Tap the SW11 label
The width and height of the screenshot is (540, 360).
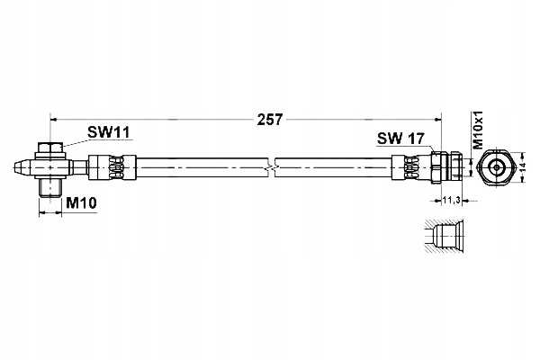109,132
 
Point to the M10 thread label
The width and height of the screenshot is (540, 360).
81,205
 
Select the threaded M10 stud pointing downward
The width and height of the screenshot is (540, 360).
51,187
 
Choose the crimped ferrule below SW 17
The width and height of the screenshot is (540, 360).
410,167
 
